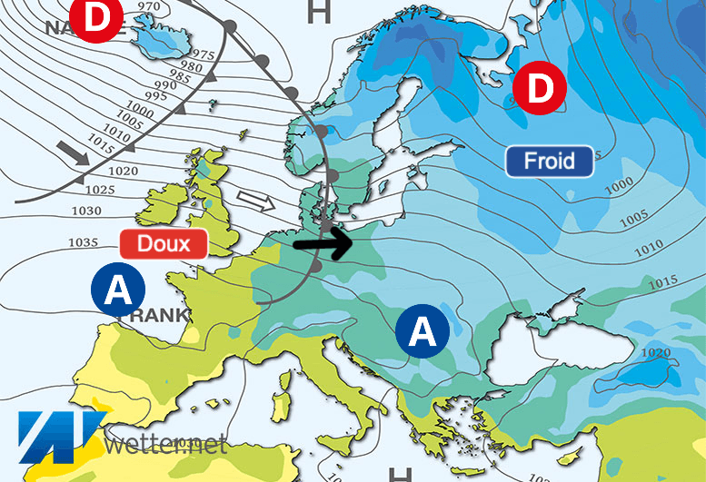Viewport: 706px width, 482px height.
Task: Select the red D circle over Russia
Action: coord(540,88)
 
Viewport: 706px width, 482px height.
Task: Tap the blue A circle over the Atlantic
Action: coord(118,290)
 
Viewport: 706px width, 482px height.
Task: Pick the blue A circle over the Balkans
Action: coord(423,331)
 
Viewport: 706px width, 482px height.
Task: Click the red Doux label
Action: coord(164,243)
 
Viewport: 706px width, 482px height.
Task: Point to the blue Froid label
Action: coord(550,162)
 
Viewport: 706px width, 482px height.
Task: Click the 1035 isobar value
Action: coord(84,242)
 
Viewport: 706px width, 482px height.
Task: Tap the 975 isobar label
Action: coord(204,55)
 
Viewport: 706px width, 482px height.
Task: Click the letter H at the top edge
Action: coord(319,12)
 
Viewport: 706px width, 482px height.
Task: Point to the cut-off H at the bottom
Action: coord(400,474)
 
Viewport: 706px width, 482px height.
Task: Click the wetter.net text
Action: coord(165,445)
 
